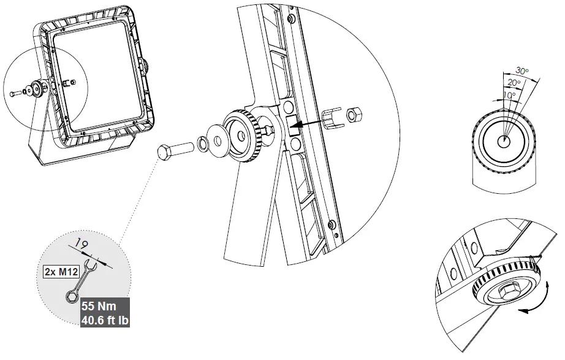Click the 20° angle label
pyautogui.click(x=514, y=82)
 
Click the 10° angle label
pyautogui.click(x=507, y=95)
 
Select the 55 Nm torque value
pyautogui.click(x=97, y=305)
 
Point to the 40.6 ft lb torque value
pyautogui.click(x=105, y=319)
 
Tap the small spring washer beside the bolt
pyautogui.click(x=201, y=145)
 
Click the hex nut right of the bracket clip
pyautogui.click(x=354, y=115)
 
